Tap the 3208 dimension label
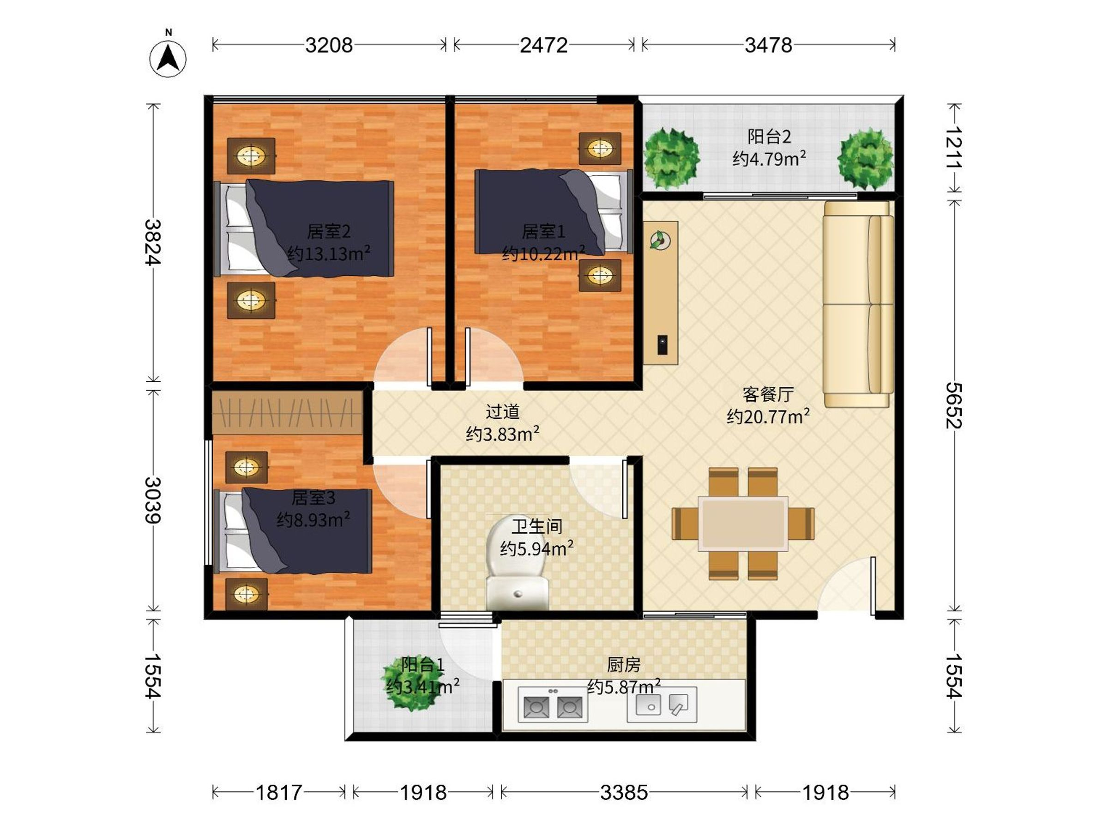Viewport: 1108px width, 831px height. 329,46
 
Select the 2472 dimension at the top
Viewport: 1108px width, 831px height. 543,46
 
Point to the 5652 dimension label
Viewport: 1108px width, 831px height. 954,405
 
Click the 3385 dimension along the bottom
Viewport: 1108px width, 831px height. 624,792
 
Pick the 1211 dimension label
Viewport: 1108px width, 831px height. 954,148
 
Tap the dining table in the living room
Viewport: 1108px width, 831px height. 743,524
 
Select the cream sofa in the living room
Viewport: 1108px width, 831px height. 858,304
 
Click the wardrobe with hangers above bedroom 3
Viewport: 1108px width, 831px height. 287,412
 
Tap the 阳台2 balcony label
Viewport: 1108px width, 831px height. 769,136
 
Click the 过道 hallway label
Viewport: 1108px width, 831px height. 502,412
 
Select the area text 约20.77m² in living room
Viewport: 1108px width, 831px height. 768,416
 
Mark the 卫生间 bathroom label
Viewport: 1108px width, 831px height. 536,526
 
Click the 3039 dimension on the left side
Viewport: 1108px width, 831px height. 153,500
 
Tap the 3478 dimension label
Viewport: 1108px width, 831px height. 768,46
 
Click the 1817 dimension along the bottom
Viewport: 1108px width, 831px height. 278,792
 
